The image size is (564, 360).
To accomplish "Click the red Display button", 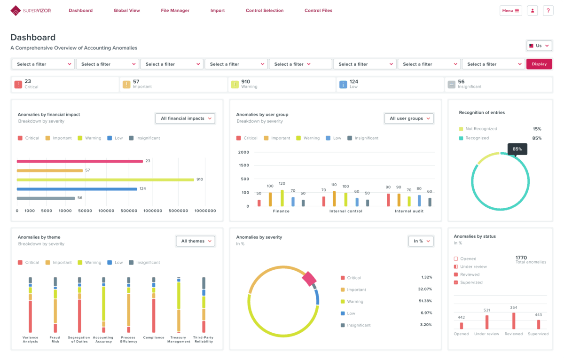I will coord(539,64).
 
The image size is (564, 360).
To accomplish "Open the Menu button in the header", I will coord(510,11).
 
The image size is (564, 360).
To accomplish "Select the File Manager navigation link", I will coord(175,11).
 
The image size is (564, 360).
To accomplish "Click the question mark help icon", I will coord(548,11).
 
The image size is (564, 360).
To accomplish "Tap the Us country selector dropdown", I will coord(539,46).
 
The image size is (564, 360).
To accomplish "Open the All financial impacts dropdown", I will coord(185,118).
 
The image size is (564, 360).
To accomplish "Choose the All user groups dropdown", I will coord(409,118).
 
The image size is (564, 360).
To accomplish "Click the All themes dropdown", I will coord(195,241).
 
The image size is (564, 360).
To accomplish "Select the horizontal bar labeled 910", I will coord(105,180).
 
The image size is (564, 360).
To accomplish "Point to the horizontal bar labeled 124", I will coord(77,189).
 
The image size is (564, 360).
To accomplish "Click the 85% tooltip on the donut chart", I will coord(517,149).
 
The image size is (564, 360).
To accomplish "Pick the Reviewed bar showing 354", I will coord(514,321).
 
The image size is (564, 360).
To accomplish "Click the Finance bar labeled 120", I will coord(282,198).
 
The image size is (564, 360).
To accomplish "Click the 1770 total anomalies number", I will coord(521,258).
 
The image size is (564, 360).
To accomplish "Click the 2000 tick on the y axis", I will coord(243,152).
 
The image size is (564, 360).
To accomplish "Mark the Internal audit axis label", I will coord(409,211).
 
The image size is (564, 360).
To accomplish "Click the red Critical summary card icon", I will coord(18,85).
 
